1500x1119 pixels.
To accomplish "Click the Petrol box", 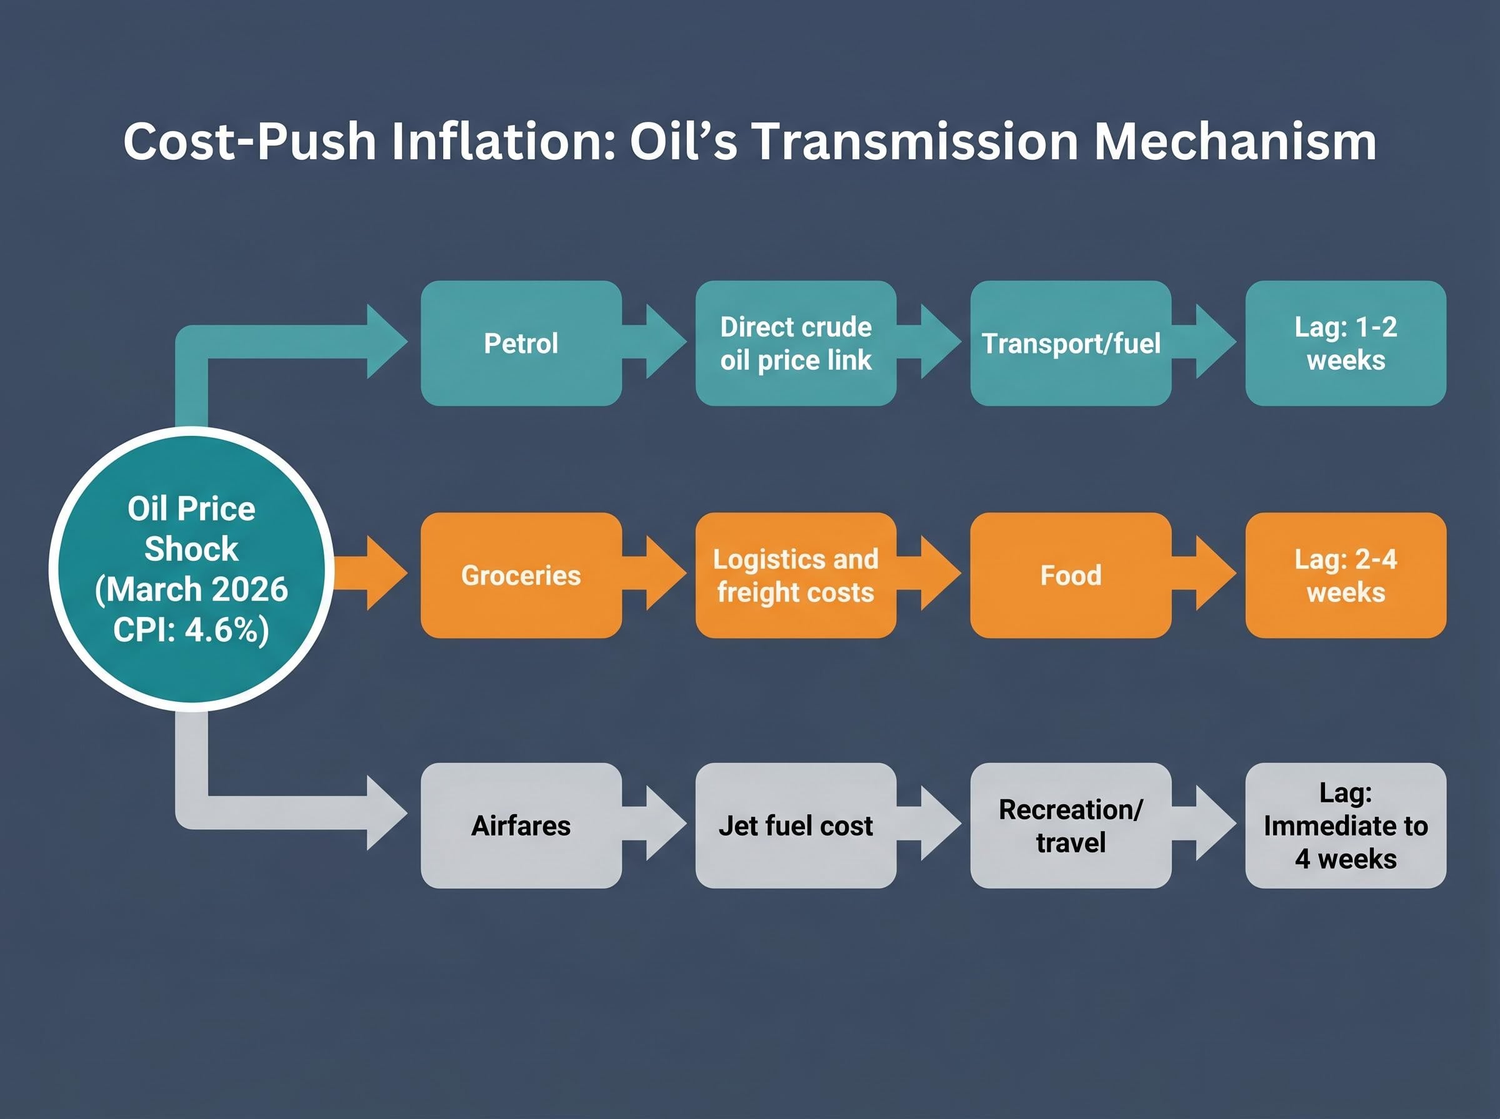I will pos(521,343).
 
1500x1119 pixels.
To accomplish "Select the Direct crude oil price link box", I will pos(796,343).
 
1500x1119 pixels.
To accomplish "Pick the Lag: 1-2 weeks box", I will pos(1346,343).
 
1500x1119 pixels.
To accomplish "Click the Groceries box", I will pos(521,575).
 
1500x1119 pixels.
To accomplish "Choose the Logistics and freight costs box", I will pos(796,575).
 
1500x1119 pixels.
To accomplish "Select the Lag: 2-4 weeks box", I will pos(1346,575).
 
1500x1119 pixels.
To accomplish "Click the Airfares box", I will pos(521,826).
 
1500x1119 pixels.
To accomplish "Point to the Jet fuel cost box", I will pos(796,826).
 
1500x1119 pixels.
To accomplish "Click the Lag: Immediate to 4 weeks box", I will pos(1346,826).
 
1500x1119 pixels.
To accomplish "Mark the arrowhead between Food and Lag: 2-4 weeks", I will pos(1214,573).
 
